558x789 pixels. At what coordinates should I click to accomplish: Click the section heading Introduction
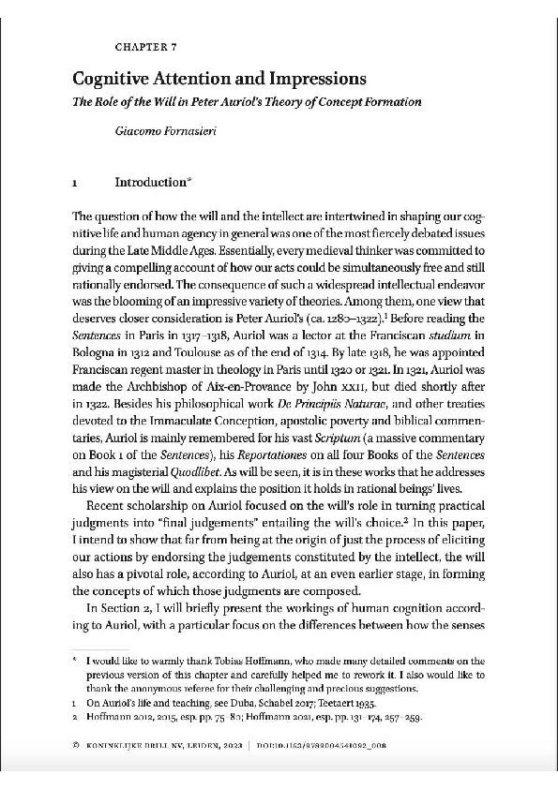click(150, 182)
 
